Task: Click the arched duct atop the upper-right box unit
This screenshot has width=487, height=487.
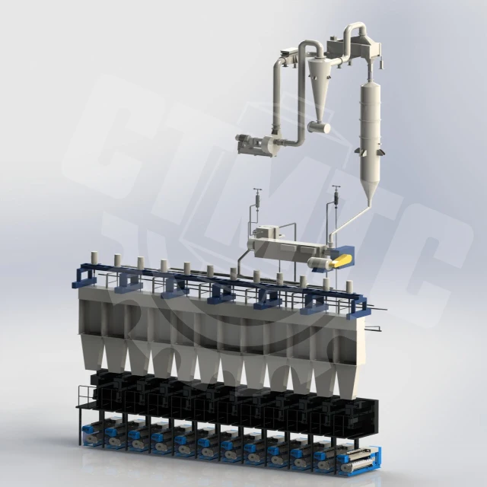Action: (355, 31)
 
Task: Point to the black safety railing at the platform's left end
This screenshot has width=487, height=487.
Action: (84, 395)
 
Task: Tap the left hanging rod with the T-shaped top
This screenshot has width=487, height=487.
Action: (258, 201)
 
